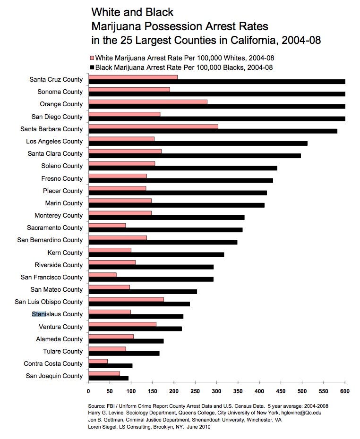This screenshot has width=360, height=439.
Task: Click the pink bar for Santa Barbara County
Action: [x=153, y=127]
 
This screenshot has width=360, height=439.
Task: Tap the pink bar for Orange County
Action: [x=147, y=101]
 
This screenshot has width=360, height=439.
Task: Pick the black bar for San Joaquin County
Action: [x=108, y=378]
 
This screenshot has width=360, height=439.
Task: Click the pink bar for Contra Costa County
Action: [x=98, y=361]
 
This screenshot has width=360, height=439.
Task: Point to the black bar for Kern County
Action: [x=156, y=254]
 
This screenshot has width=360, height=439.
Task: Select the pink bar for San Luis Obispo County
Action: [x=126, y=299]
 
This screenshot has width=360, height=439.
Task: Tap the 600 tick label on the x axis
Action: [x=345, y=391]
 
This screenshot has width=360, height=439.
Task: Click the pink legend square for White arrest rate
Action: [x=92, y=58]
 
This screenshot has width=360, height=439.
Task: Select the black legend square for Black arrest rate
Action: [x=92, y=68]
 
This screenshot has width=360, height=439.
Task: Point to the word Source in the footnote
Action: [x=98, y=406]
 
